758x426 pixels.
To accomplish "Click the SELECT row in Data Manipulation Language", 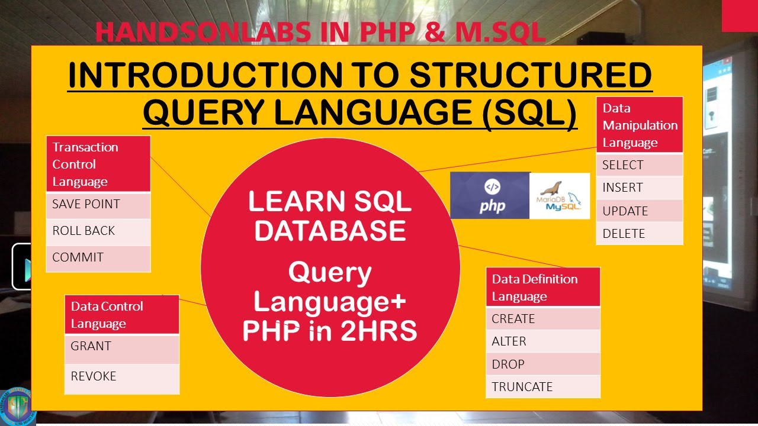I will coord(639,165).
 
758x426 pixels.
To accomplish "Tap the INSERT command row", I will coord(639,188).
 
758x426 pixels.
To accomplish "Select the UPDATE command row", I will coord(639,211).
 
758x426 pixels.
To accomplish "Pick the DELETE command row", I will coord(639,234).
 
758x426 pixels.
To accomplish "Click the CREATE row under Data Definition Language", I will coord(542,319).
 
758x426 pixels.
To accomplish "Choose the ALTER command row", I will coord(542,341).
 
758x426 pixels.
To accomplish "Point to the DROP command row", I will coord(542,364).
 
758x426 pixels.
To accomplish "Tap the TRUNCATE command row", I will coord(542,387).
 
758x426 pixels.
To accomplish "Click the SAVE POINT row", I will coord(98,205).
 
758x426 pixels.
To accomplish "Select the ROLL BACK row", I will coord(98,231).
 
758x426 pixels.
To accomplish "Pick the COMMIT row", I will coord(98,258).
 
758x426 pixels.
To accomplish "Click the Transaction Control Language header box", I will coord(98,164).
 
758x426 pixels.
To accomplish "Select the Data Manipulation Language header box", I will coord(639,125).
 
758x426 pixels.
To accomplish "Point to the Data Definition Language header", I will coord(542,288).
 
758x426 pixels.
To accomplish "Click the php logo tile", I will coord(490,196).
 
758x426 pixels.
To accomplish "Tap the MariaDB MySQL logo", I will coord(560,196).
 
